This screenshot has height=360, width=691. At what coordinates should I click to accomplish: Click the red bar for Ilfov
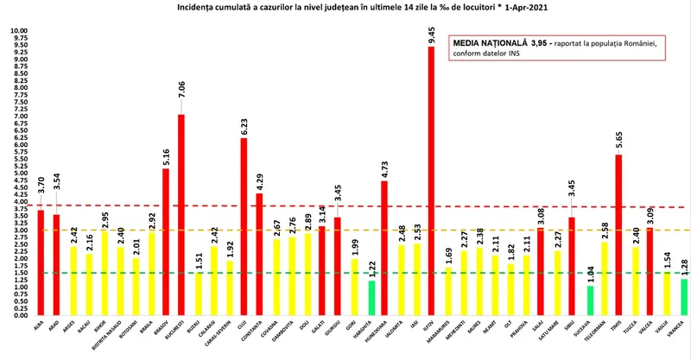tap(431, 181)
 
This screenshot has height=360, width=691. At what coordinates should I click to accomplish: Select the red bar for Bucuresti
tap(181, 216)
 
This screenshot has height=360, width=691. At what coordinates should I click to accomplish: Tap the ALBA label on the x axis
tap(40, 325)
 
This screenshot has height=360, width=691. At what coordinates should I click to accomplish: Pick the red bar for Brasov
tap(165, 242)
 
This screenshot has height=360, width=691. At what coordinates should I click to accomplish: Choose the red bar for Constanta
tap(259, 254)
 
